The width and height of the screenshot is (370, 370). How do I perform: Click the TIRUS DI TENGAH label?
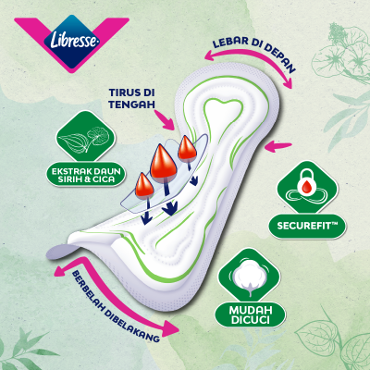[x=131, y=98]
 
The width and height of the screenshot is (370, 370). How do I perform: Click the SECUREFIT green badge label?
[x=307, y=226]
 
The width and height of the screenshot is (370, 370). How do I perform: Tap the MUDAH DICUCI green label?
[x=250, y=315]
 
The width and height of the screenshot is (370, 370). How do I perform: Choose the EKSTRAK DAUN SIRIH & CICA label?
[x=86, y=175]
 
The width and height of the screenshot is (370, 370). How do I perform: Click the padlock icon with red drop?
[x=307, y=187]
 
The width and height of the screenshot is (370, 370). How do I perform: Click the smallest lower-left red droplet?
[x=144, y=186]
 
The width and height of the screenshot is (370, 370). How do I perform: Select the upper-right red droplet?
[x=187, y=149]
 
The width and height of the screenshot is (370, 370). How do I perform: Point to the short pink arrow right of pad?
[x=278, y=146]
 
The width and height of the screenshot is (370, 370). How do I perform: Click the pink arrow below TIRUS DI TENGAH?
[x=165, y=119]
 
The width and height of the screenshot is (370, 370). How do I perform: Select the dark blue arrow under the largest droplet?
[x=168, y=197]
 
